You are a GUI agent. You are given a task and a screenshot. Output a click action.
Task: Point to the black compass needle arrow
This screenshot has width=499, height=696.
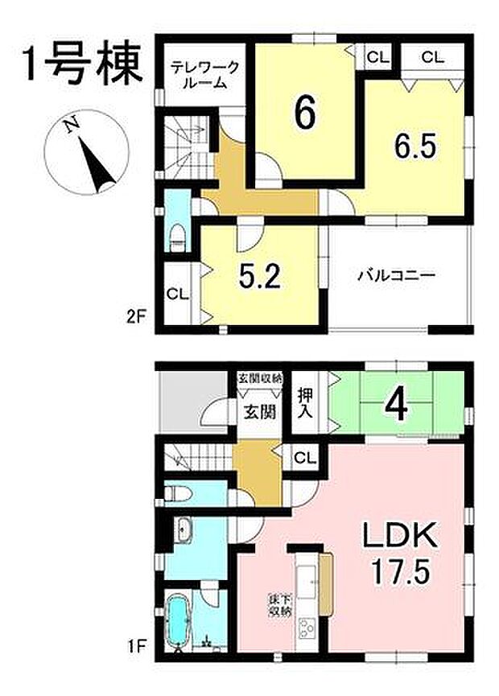click(x=97, y=165)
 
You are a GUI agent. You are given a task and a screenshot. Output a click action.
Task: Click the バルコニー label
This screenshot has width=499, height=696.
click(x=396, y=275)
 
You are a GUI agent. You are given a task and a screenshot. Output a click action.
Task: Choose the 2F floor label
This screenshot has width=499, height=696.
click(x=134, y=316)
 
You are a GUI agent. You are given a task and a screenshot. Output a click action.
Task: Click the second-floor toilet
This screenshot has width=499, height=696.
click(x=177, y=234)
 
